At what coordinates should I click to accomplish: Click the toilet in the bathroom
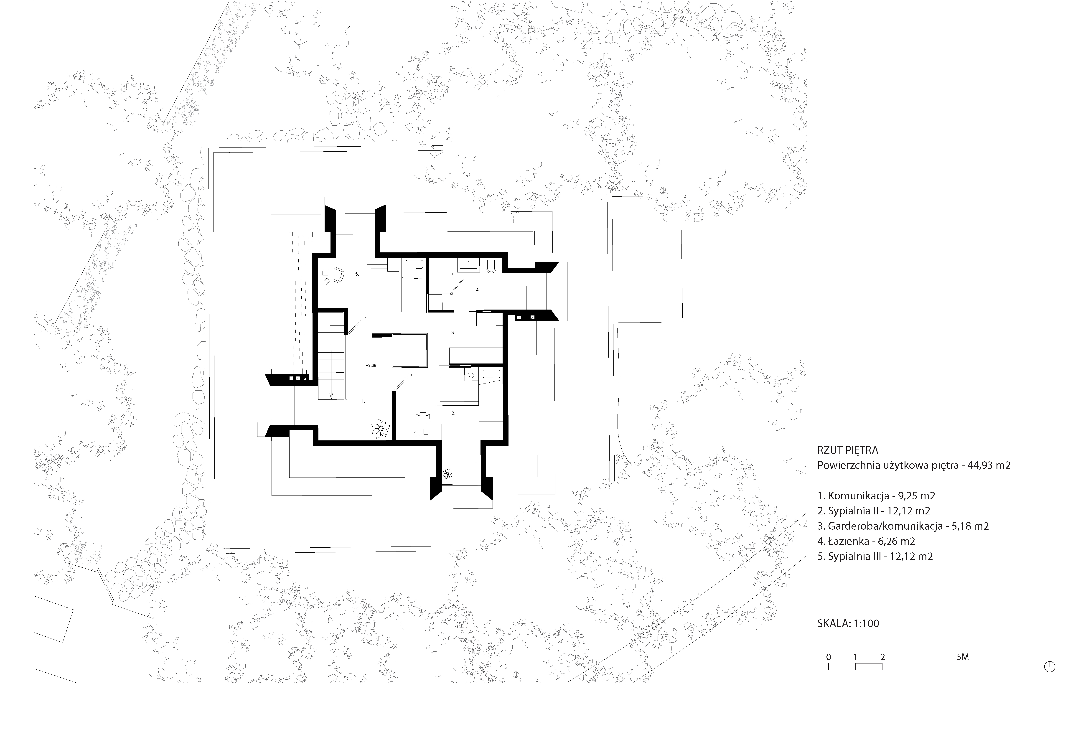491,266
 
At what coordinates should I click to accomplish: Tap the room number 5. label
357,274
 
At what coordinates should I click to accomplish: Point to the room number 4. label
478,290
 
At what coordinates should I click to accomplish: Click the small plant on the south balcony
448,474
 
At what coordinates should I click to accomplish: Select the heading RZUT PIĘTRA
848,450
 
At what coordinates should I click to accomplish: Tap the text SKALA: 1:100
848,623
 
